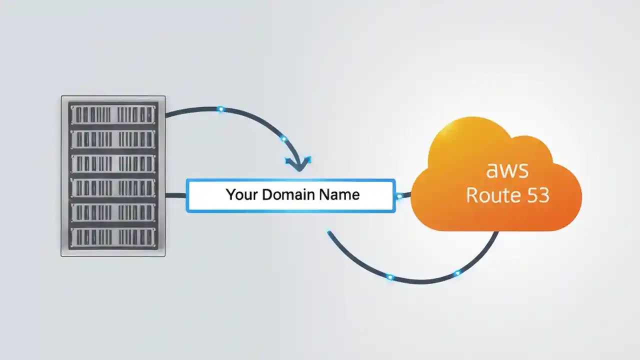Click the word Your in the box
(x=242, y=194)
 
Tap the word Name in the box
(x=340, y=194)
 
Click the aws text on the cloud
(x=507, y=170)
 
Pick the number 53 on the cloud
(x=537, y=194)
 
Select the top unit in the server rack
(x=113, y=114)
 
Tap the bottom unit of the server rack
(x=113, y=238)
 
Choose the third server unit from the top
(x=113, y=164)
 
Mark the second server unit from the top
(x=113, y=139)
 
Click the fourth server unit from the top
(x=113, y=188)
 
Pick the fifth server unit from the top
(x=113, y=213)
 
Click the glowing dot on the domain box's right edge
(x=399, y=196)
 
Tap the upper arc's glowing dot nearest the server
(x=220, y=109)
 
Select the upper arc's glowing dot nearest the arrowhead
(x=283, y=138)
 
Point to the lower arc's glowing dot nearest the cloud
(x=457, y=273)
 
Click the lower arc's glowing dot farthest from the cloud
(x=390, y=277)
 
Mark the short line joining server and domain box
(x=175, y=195)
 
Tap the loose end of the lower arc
(x=329, y=232)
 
